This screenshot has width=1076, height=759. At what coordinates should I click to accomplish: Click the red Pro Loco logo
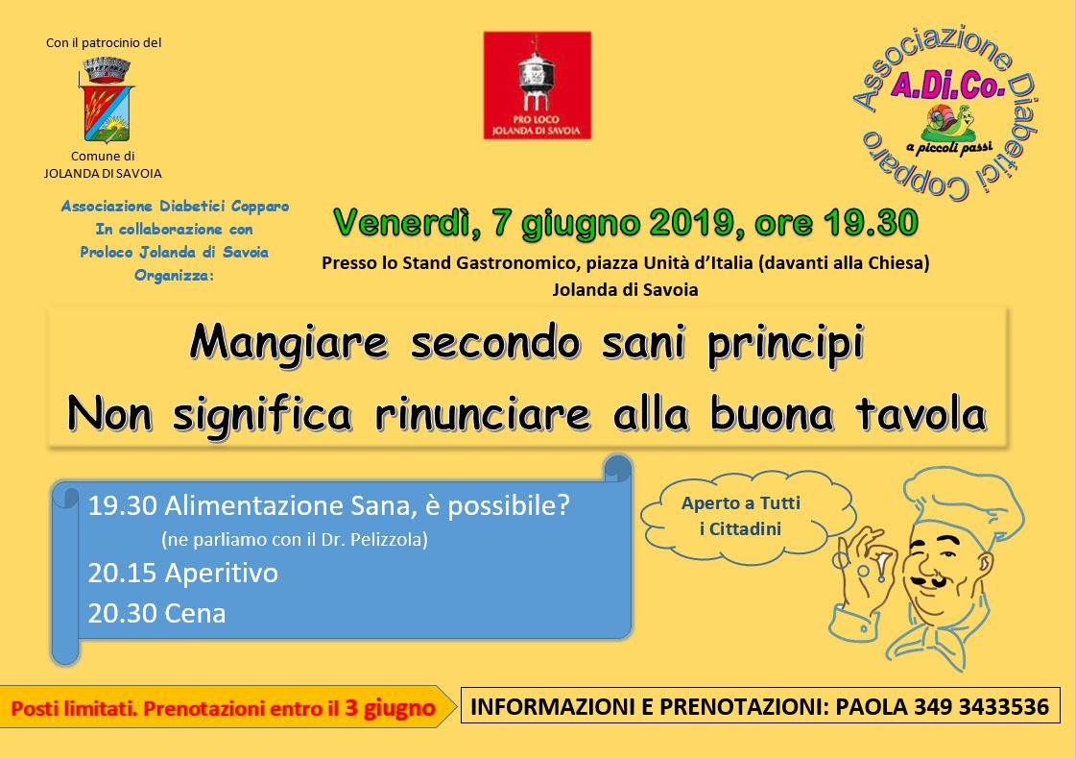pyautogui.click(x=537, y=86)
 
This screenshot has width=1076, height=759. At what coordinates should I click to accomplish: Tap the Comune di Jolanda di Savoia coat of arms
pyautogui.click(x=107, y=100)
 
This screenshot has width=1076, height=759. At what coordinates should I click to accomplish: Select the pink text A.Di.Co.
pyautogui.click(x=947, y=86)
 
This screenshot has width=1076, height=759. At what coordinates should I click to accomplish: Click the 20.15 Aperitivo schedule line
pyautogui.click(x=182, y=573)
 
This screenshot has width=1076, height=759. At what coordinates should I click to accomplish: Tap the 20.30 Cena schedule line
pyautogui.click(x=156, y=613)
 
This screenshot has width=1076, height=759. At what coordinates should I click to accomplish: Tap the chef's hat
pyautogui.click(x=964, y=501)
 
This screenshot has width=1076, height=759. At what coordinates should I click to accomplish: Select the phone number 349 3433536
pyautogui.click(x=981, y=706)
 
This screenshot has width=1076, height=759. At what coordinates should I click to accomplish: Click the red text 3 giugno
pyautogui.click(x=390, y=708)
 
